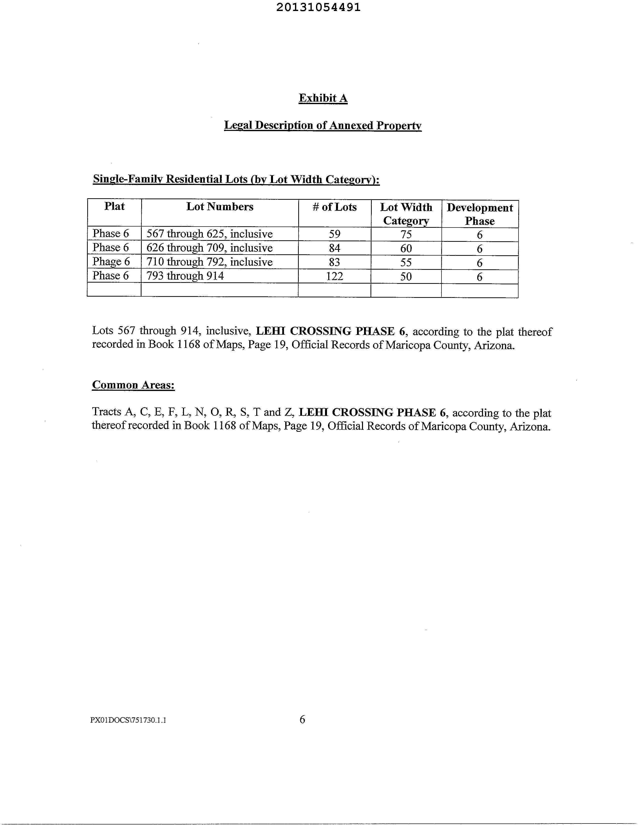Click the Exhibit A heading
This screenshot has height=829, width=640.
pos(323,98)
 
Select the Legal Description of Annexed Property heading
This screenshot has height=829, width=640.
pos(323,125)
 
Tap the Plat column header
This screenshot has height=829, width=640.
pos(114,206)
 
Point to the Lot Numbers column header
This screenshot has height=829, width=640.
pos(220,207)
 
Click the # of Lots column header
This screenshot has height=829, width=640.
pos(334,207)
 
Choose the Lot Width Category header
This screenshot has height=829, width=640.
pos(406,214)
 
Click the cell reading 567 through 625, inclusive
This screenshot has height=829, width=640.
pos(210,234)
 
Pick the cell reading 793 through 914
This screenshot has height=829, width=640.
pos(185,276)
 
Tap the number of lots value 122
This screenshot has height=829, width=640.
pos(334,276)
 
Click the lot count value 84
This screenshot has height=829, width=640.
pos(334,248)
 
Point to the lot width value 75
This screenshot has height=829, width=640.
pos(406,235)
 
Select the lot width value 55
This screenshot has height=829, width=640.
pos(406,263)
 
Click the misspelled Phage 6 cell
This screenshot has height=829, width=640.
pos(111,262)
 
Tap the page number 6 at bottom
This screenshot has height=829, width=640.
pos(302,719)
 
